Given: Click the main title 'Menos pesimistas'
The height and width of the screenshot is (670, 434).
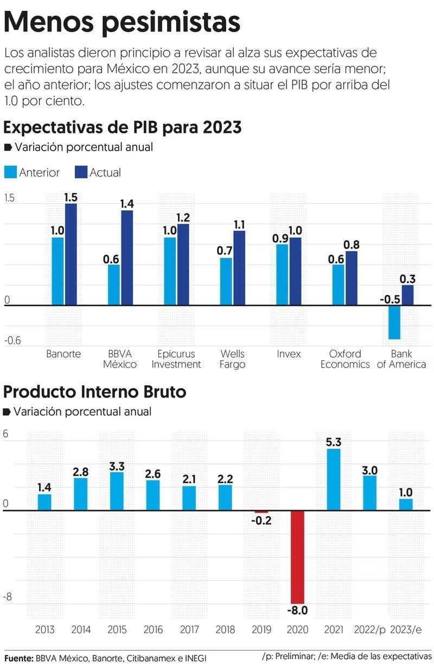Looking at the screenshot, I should point(122,23).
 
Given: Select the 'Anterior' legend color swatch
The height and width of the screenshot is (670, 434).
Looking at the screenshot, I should point(10,172).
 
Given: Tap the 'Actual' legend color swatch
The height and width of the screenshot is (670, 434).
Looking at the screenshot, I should point(81,172).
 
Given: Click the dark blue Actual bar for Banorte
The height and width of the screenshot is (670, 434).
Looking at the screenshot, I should point(71,254).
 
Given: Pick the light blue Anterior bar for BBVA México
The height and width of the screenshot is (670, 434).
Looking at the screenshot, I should point(114,285).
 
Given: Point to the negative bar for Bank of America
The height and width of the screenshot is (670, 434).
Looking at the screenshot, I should point(394,322).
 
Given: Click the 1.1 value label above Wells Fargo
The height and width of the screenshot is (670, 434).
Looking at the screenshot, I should point(239,224).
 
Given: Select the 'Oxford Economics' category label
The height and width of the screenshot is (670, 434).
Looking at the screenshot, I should point(344,359).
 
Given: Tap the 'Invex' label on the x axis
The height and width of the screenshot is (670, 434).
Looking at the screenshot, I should point(289,354).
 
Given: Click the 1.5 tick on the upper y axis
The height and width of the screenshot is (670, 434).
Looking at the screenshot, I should point(9,198).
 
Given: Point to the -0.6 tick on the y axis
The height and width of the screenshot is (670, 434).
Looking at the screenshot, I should point(12,340).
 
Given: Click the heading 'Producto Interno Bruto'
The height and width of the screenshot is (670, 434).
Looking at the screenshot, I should point(95,391).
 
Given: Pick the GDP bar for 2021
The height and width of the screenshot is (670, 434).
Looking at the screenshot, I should point(334,479).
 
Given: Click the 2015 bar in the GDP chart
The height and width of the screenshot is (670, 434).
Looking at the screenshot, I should point(117,491).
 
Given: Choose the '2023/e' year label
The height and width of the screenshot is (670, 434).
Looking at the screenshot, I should point(406,629).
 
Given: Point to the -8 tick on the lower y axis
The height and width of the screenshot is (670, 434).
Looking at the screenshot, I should point(8,597).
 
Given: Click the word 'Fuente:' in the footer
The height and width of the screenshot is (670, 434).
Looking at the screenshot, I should point(19,658).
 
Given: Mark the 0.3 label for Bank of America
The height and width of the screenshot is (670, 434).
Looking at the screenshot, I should point(408,279).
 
